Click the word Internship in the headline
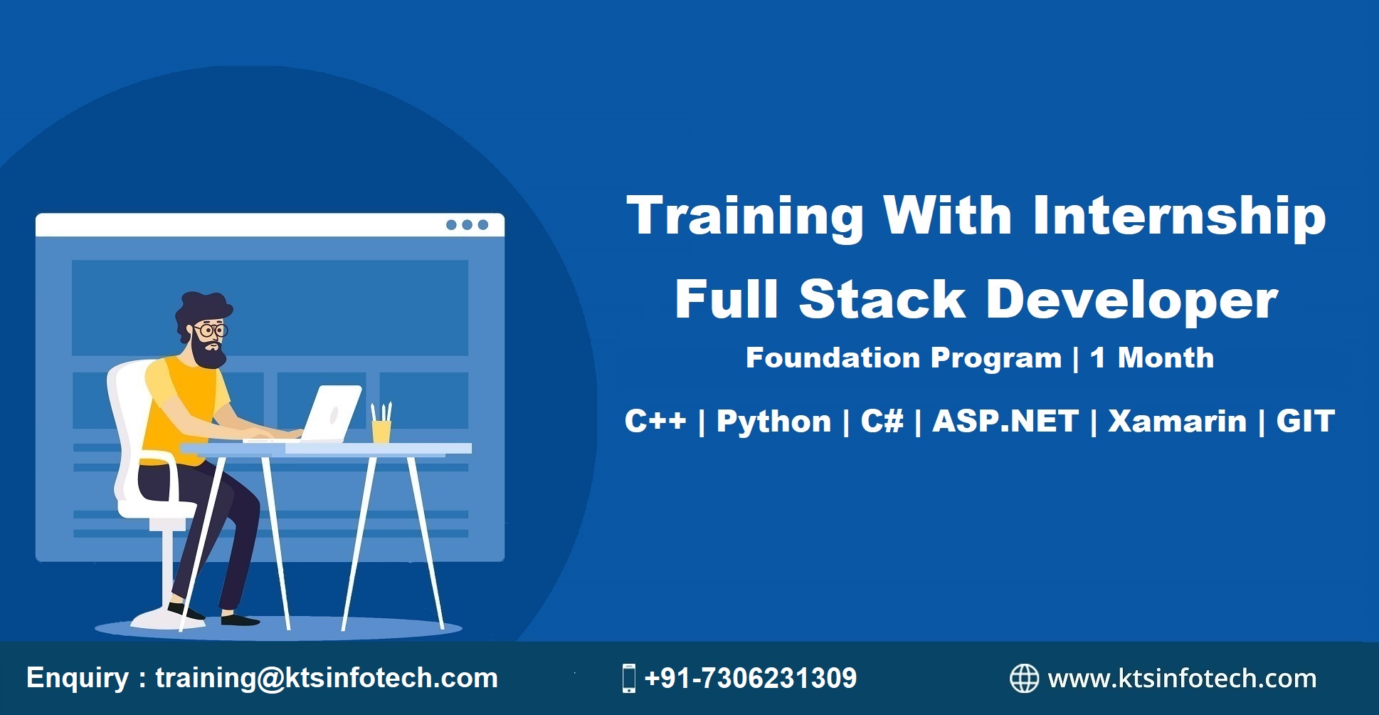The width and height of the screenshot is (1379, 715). (x=1179, y=216)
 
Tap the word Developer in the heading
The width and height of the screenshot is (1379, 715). (x=1132, y=300)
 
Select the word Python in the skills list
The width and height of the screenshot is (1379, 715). (x=773, y=422)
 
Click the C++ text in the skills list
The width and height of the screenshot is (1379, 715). (x=655, y=420)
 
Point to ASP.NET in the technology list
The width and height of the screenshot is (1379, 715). (x=1005, y=420)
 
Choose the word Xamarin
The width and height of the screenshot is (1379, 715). (x=1178, y=420)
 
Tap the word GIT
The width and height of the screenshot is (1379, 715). (x=1305, y=420)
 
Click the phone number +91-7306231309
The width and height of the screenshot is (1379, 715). (x=750, y=678)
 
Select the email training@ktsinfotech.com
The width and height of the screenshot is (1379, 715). (x=327, y=678)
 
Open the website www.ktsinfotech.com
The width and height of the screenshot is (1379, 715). (x=1182, y=679)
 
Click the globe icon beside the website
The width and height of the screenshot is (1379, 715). (x=1025, y=678)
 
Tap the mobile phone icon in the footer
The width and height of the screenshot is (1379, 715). (x=628, y=678)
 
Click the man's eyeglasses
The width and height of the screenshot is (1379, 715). (x=210, y=330)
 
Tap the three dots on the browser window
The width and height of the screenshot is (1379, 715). (x=467, y=225)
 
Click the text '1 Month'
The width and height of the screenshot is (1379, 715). (x=1152, y=357)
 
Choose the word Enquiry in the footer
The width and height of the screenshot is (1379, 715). (x=77, y=678)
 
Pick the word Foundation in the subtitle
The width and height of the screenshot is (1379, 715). (x=832, y=357)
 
